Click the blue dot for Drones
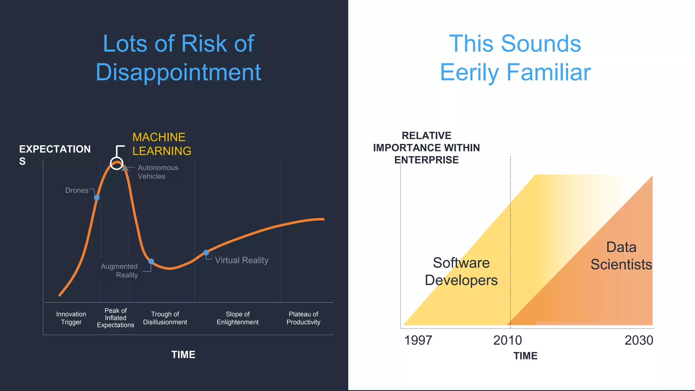pyautogui.click(x=97, y=198)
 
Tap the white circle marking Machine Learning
pyautogui.click(x=117, y=164)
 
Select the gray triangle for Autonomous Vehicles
pyautogui.click(x=125, y=168)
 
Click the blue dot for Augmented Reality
pyautogui.click(x=151, y=261)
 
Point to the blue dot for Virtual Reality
pyautogui.click(x=206, y=253)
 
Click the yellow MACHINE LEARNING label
pyautogui.click(x=162, y=144)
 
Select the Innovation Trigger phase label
pyautogui.click(x=71, y=318)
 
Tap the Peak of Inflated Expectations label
pyautogui.click(x=115, y=318)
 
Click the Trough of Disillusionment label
pyautogui.click(x=165, y=318)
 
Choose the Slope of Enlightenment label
pyautogui.click(x=238, y=318)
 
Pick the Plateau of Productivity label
pyautogui.click(x=303, y=318)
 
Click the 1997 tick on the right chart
pyautogui.click(x=418, y=340)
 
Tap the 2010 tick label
pyautogui.click(x=507, y=340)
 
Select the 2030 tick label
pyautogui.click(x=639, y=340)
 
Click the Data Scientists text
pyautogui.click(x=621, y=256)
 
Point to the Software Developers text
pyautogui.click(x=461, y=272)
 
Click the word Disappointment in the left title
pyautogui.click(x=178, y=72)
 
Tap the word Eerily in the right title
pyautogui.click(x=470, y=72)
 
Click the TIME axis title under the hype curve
pyautogui.click(x=183, y=355)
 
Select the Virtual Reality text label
pyautogui.click(x=242, y=260)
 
